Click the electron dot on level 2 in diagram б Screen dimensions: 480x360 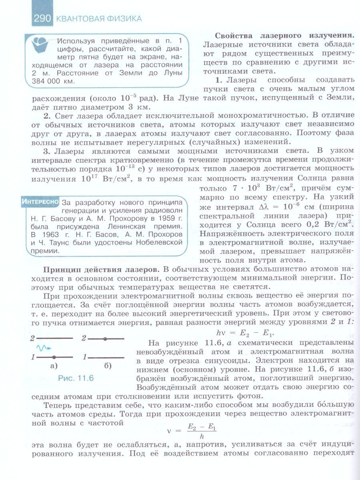click(x=105, y=338)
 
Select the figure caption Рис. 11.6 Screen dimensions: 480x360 click(x=76, y=378)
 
